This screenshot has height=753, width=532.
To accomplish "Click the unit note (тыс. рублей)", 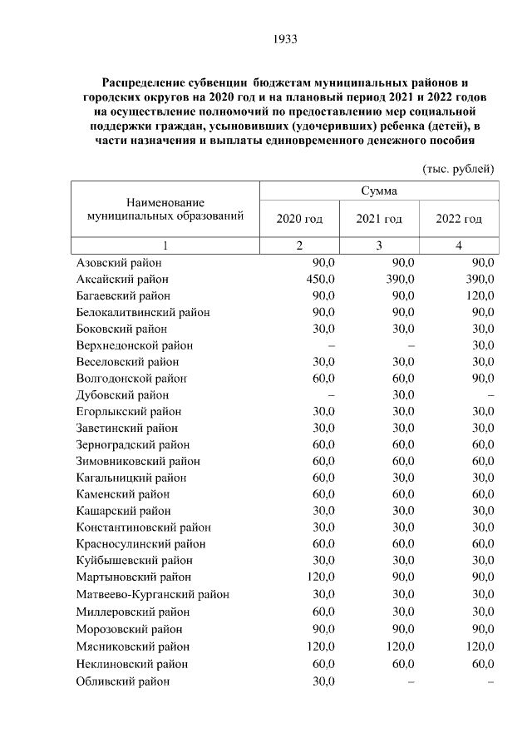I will [x=459, y=168].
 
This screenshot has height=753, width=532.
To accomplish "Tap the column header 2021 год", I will [x=379, y=219].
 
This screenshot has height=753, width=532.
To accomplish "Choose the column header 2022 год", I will [x=459, y=219].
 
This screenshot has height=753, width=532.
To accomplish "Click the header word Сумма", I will [x=378, y=191].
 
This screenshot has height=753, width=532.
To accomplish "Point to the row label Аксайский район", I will [x=122, y=279].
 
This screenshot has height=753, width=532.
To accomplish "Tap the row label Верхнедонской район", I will [x=135, y=345].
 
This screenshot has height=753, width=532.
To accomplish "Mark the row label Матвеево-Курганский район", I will [x=152, y=594].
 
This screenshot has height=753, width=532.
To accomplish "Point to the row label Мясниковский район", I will [x=133, y=646].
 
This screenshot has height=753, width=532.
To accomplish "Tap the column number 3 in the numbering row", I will [x=379, y=245].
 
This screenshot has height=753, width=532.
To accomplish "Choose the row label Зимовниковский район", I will [x=138, y=461].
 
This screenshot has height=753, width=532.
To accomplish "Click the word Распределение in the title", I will [x=145, y=84].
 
